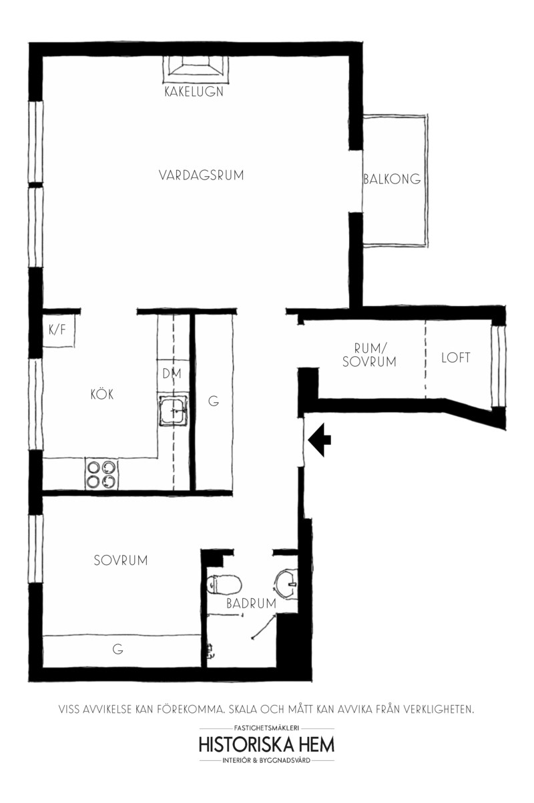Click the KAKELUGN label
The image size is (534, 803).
point(194,91)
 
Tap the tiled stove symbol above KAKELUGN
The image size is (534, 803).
point(196,69)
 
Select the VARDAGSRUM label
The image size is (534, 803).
point(201,175)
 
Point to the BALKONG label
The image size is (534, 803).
point(392,179)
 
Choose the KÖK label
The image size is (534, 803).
point(102,395)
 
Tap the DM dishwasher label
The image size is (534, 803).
point(172,374)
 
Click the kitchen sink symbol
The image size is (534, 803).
point(173,410)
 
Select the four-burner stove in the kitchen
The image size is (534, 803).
point(101,474)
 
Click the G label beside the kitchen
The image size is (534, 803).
point(214,401)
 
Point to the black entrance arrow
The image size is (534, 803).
point(319,440)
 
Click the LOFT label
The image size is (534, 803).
point(455,357)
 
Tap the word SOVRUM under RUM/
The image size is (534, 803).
point(369,361)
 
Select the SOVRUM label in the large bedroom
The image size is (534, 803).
point(121,560)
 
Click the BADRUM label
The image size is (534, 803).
point(251,604)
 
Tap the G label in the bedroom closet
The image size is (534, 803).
point(117,649)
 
